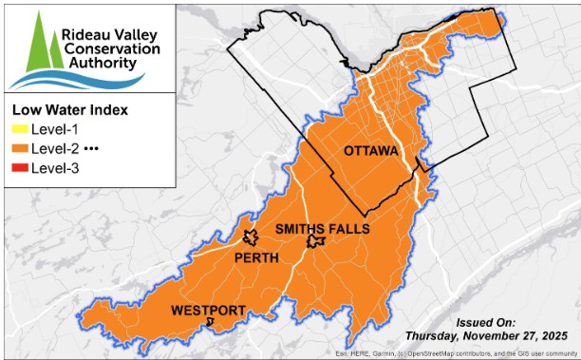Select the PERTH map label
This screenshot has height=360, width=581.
255,257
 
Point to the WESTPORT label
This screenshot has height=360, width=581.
208,311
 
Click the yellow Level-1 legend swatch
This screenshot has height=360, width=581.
19,129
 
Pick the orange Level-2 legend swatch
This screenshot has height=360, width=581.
19,149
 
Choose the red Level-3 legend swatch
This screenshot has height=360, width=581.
19,169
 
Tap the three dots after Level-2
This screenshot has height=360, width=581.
92,149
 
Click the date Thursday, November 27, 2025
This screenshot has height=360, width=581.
486,336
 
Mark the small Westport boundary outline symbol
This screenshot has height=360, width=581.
211,323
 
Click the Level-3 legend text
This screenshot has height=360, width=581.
56,169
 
